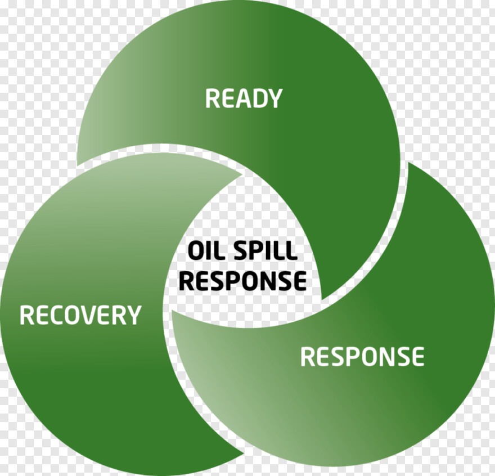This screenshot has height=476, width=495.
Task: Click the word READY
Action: click(x=243, y=98)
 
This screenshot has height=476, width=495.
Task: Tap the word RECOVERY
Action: click(x=80, y=315)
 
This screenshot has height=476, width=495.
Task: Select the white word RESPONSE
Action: click(x=362, y=357)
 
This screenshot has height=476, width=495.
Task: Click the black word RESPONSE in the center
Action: click(x=243, y=280)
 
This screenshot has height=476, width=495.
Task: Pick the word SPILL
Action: click(x=265, y=250)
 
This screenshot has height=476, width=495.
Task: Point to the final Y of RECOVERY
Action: click(x=133, y=315)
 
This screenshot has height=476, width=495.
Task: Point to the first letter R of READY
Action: click(x=212, y=98)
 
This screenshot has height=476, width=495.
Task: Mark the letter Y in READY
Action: click(x=273, y=98)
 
